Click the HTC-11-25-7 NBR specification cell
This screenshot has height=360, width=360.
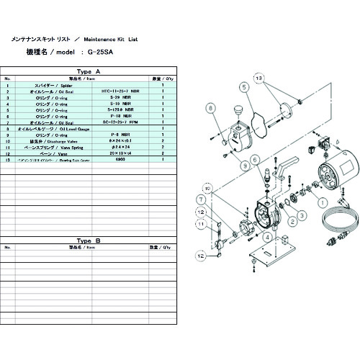tap(122, 92)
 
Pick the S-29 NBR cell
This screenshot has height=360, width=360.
tap(122, 98)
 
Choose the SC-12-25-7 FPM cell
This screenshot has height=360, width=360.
tap(122, 123)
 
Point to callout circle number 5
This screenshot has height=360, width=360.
tap(244, 107)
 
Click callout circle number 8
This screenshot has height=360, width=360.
tap(211, 108)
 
